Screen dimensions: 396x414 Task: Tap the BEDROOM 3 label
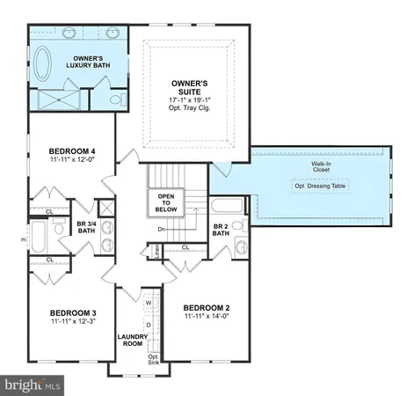coord(72,313)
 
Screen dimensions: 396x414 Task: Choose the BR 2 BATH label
coord(222,230)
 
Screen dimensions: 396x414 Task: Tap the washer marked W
coord(149,304)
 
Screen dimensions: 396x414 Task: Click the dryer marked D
coord(149,326)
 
